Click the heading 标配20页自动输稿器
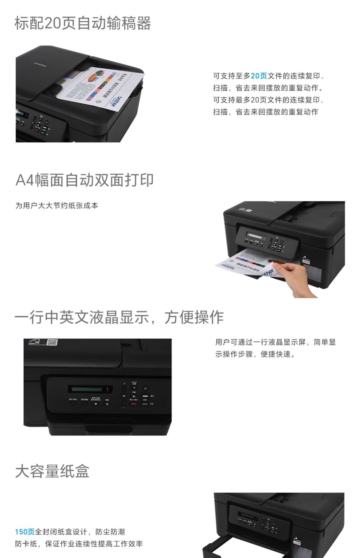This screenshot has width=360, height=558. (83, 23)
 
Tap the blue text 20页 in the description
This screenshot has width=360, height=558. (259, 76)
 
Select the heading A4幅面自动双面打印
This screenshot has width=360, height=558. (84, 180)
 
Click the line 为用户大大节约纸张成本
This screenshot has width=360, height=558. (56, 206)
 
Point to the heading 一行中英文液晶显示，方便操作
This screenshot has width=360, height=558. (119, 317)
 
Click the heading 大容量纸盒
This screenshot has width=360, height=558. (52, 471)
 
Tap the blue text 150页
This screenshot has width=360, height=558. (24, 532)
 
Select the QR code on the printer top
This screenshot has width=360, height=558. (52, 342)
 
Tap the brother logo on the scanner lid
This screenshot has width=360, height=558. (40, 64)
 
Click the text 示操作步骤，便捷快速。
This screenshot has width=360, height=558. (255, 354)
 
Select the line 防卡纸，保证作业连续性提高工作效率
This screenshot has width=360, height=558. (79, 544)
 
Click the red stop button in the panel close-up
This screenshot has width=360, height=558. (133, 404)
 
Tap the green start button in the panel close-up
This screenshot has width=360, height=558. (145, 404)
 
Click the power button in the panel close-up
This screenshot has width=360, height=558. (145, 388)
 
